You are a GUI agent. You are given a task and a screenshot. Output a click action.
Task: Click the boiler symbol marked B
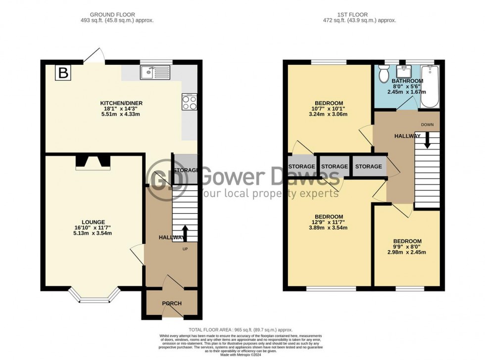pyautogui.click(x=63, y=74)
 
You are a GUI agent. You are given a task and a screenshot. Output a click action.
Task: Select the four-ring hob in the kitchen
pyautogui.click(x=189, y=102)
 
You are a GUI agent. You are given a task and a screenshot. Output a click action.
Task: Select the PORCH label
pyautogui.click(x=172, y=304)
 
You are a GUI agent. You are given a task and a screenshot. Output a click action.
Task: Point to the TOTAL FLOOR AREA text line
pyautogui.click(x=240, y=330)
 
